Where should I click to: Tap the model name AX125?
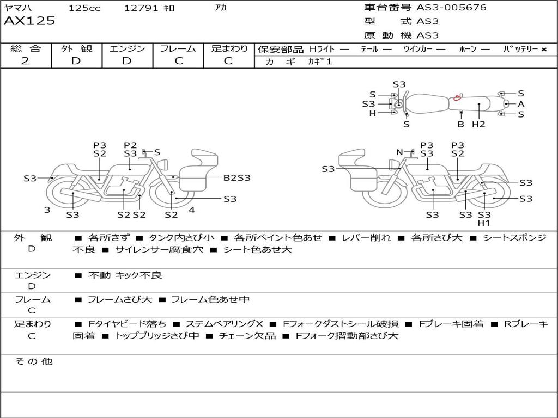tap(29, 21)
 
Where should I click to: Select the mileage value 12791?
tap(141, 8)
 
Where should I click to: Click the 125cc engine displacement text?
tap(84, 8)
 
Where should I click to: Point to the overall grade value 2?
tap(25, 61)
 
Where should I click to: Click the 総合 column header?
tap(25, 48)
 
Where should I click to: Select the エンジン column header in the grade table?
tap(127, 48)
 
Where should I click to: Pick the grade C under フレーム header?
tap(178, 61)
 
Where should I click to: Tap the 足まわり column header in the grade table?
tap(229, 48)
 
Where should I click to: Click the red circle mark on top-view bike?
tap(457, 99)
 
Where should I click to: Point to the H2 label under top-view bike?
tap(478, 124)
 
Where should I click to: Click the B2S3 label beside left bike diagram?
tap(237, 177)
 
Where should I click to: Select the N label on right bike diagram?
tap(399, 152)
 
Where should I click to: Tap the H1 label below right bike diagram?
tap(484, 223)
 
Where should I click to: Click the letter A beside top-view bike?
tap(521, 104)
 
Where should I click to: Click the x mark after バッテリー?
tap(543, 50)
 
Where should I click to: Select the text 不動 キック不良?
tap(125, 275)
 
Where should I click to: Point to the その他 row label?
tap(33, 361)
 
